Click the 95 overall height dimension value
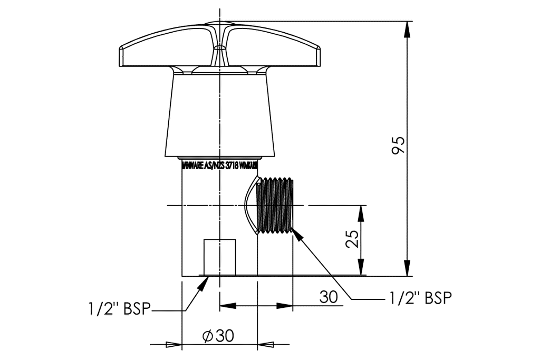(399, 145)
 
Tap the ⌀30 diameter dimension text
(218, 335)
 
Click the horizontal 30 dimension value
(328, 297)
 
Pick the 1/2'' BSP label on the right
(420, 298)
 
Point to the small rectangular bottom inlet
(219, 257)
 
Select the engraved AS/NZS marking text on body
(219, 166)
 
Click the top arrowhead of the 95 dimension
(407, 30)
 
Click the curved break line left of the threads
(248, 205)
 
